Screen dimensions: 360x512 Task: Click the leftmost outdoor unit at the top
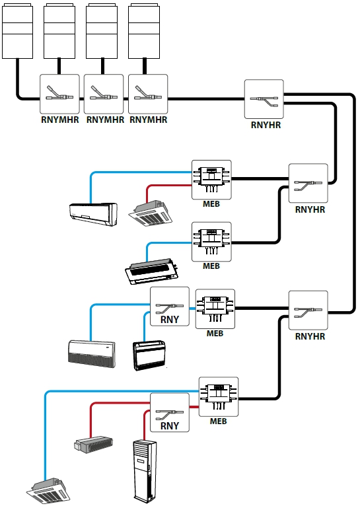(x=17, y=31)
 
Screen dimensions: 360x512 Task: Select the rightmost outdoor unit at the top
(x=144, y=31)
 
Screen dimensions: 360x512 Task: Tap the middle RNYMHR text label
(x=105, y=120)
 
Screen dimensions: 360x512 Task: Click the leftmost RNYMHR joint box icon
(x=59, y=94)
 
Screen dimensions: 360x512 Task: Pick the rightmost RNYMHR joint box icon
(x=148, y=94)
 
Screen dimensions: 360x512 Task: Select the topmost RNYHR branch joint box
(x=264, y=99)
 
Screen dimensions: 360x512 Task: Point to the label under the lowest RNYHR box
(x=310, y=336)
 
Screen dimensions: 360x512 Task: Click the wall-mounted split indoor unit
(x=93, y=214)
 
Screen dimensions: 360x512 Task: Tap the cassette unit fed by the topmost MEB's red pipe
(x=150, y=213)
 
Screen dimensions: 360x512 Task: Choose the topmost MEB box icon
(x=211, y=180)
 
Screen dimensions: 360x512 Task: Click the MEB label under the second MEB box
(x=211, y=266)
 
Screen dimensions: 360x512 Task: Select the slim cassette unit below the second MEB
(x=152, y=272)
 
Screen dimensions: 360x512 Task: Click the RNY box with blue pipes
(x=169, y=307)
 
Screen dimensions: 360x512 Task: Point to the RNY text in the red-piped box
(x=170, y=426)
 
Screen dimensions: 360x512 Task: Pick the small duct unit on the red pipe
(x=93, y=445)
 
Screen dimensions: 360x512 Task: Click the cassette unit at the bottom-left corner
(x=48, y=491)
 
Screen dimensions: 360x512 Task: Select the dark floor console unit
(x=149, y=355)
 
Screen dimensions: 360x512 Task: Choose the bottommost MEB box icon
(x=219, y=397)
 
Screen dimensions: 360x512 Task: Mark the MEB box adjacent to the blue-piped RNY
(x=215, y=309)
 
